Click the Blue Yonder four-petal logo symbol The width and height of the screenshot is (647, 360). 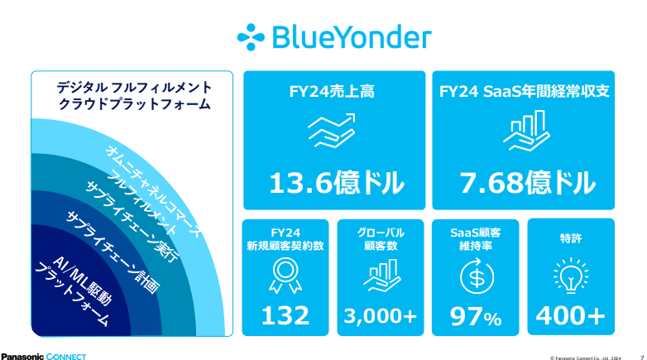[x=251, y=37]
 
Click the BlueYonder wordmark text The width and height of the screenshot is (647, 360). [x=352, y=37]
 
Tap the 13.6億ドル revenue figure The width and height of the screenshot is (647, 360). [x=337, y=183]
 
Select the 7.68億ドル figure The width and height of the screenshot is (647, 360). [x=528, y=183]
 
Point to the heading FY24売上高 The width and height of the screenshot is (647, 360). [x=332, y=91]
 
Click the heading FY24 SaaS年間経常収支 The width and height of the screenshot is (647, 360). [x=524, y=91]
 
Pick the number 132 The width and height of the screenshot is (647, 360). [x=285, y=316]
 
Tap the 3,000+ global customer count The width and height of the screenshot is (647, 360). [x=381, y=316]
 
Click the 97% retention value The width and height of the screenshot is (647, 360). [x=476, y=317]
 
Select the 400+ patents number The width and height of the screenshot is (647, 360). [x=571, y=316]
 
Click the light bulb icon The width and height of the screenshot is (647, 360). [x=571, y=276]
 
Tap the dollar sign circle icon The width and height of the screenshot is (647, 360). [x=477, y=276]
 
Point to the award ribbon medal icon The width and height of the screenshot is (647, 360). [x=285, y=276]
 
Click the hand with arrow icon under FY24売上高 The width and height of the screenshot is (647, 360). [x=332, y=131]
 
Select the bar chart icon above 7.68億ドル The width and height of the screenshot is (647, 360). [x=526, y=131]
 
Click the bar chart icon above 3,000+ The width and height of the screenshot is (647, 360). [x=382, y=276]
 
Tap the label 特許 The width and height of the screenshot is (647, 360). [x=571, y=238]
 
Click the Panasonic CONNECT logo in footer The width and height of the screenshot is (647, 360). [x=43, y=357]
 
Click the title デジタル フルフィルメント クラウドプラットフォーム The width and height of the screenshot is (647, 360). [x=134, y=95]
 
